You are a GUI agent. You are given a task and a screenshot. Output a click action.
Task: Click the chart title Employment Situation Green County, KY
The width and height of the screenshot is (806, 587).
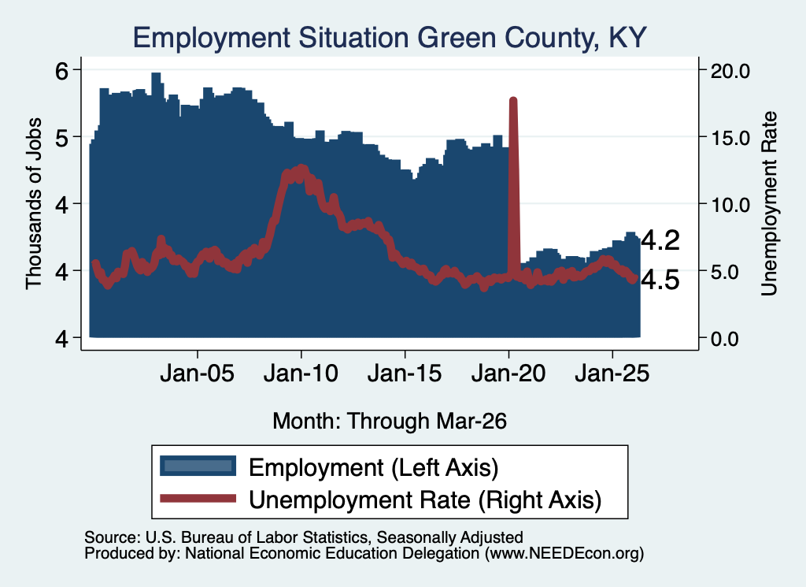coord(389,38)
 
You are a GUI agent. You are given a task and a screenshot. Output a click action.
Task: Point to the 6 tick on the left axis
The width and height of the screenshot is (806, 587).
coord(61,70)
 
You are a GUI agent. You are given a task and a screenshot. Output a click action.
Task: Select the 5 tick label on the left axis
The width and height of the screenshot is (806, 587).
coord(61,137)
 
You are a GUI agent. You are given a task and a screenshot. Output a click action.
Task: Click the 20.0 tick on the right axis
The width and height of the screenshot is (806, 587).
coord(730,71)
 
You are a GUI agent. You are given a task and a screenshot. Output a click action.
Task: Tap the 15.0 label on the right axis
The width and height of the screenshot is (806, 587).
coord(730,138)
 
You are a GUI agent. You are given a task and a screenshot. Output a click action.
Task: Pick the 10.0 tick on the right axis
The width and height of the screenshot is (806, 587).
coord(730,205)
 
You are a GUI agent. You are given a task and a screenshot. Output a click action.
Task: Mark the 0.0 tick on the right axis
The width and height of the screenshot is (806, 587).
coord(724,339)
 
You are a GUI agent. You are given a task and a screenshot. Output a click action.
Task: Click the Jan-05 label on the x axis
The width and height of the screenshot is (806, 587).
coord(198,373)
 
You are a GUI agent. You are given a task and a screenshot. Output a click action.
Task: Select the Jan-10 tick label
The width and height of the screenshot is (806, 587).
coord(301,373)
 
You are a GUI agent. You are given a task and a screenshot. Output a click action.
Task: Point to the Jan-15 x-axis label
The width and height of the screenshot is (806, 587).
coord(405,373)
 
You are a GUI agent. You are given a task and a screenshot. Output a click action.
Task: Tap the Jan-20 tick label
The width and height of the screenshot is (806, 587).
coord(508,373)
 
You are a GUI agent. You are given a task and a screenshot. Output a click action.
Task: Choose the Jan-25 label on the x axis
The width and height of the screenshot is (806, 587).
coord(612,373)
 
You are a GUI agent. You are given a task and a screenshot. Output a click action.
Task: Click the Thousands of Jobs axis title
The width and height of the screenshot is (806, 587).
coord(33,204)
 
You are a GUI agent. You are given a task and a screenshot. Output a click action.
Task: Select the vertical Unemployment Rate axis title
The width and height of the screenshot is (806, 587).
coord(769,204)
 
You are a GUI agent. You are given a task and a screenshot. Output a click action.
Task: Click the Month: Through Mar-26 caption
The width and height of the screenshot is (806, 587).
coord(390,421)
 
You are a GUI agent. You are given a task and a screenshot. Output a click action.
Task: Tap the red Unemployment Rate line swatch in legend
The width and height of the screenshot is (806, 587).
coord(198,499)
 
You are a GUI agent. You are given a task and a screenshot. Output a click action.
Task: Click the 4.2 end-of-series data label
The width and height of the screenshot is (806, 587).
coord(660,240)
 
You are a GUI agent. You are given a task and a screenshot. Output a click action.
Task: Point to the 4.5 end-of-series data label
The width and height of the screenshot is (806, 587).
coord(660,280)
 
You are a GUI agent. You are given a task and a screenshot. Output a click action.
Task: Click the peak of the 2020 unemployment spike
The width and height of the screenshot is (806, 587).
coord(513,99)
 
